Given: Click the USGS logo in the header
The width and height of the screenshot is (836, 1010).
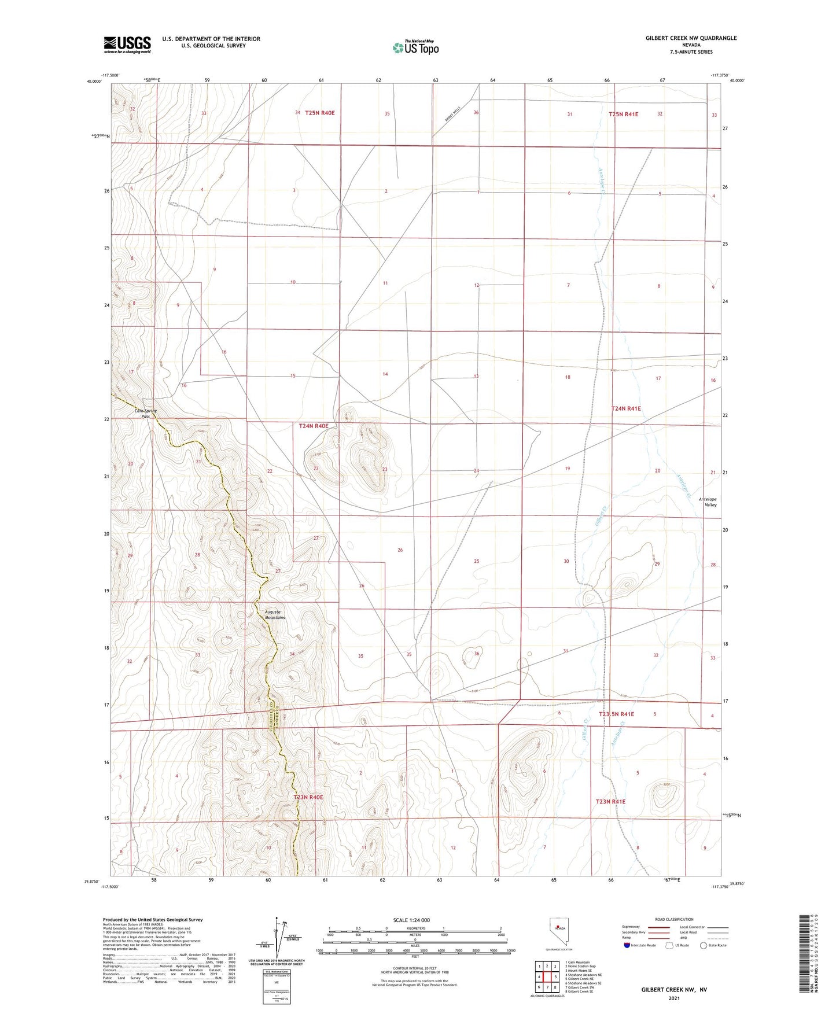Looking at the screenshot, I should [x=127, y=45].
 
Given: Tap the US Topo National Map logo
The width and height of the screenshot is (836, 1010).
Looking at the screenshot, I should [x=415, y=47].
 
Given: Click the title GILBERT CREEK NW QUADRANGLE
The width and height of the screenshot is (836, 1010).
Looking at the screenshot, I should [x=691, y=38].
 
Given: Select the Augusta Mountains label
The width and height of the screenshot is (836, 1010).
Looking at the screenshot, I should [x=275, y=614].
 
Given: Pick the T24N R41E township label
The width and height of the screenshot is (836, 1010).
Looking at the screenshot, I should [x=626, y=408].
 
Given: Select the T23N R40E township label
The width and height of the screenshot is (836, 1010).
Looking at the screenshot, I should [x=308, y=797].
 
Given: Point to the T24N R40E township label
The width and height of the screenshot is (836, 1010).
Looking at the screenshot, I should [x=313, y=426].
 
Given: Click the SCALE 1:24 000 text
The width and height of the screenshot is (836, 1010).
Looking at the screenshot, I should [x=411, y=920].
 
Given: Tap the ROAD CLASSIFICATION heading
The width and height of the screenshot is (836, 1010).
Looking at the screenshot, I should [x=674, y=919].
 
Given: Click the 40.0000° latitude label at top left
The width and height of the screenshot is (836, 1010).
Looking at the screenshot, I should [x=94, y=82].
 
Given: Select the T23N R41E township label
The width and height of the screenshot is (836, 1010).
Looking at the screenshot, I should [x=610, y=802].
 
